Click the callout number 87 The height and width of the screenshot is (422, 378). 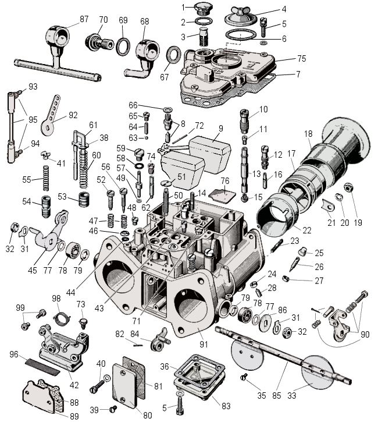pos(84,19)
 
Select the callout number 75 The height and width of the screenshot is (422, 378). pos(302,59)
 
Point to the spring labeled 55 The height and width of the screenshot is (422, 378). pos(46,179)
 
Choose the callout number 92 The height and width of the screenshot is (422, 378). pos(73,115)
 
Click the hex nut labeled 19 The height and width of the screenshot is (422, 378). pos(348,187)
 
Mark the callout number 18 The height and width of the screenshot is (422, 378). pos(308,133)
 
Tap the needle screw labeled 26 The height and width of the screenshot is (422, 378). pos(294,264)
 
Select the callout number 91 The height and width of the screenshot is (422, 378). pos(204,344)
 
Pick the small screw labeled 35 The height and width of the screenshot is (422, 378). pos(244,377)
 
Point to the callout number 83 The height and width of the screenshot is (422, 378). pos(226,406)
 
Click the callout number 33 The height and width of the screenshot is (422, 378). pos(291,395)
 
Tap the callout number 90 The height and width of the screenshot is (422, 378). pos(365,335)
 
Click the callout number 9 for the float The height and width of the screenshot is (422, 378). pos(221,129)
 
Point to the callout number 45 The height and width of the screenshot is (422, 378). pos(32,270)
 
